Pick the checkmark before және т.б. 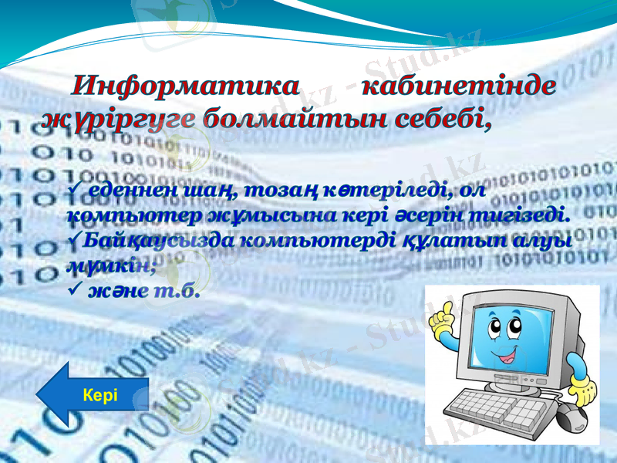point(75,291)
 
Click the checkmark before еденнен point(75,189)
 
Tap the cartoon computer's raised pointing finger point(445,312)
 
